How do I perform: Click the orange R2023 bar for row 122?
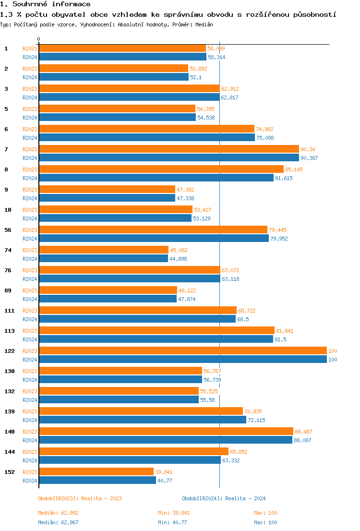(182, 351)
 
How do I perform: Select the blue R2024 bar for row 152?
(97, 481)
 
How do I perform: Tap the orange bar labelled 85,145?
(161, 169)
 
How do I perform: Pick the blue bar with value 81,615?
(156, 178)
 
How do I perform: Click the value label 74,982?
(264, 129)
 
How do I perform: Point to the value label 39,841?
(164, 472)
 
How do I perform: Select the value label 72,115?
(257, 420)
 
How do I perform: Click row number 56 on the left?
(8, 230)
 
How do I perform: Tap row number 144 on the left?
(9, 452)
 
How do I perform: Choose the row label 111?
(9, 311)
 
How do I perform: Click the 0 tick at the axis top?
(39, 39)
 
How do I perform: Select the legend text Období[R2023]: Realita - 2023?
(80, 498)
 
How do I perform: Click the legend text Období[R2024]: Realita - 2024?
(224, 498)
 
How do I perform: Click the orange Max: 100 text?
(265, 513)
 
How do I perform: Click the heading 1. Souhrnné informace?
(45, 4)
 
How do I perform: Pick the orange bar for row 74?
(104, 250)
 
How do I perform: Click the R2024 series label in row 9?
(30, 198)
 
